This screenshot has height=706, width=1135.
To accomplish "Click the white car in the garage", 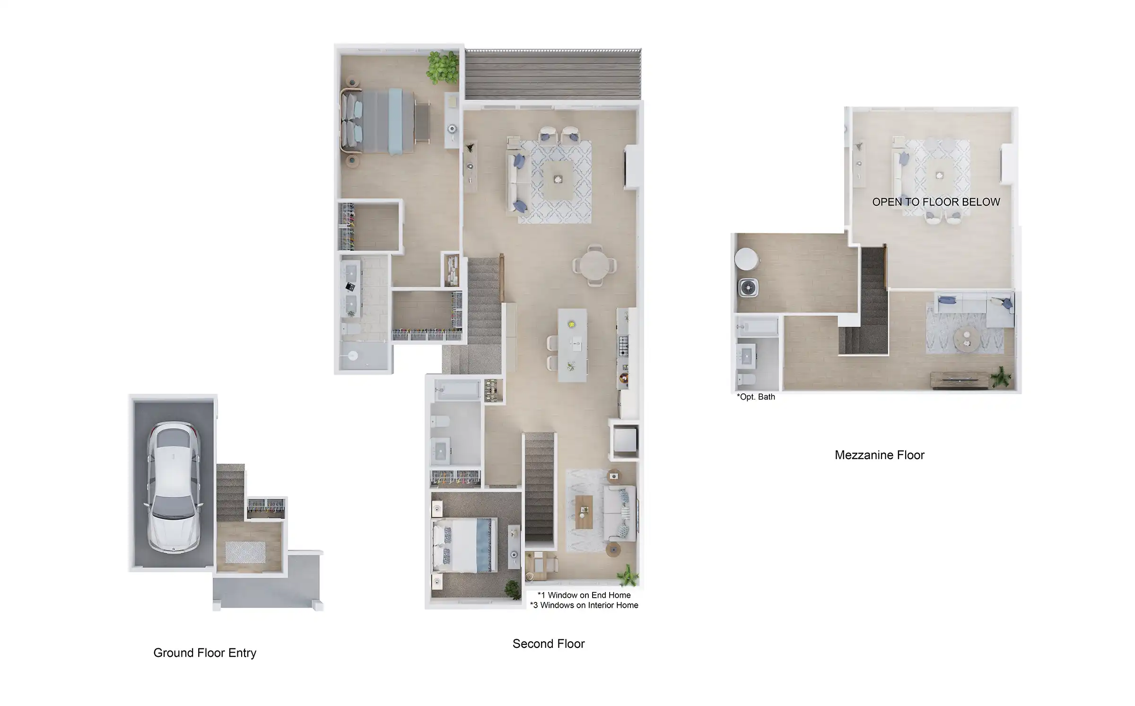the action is [174, 487].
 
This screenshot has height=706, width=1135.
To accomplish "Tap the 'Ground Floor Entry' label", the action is [205, 653].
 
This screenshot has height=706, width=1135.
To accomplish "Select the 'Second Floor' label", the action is [549, 644].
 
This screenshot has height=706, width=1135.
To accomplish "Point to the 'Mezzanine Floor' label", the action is [879, 455].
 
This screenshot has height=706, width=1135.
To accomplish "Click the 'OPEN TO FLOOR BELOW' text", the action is [936, 202].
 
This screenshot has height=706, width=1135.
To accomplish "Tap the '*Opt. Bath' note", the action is [756, 397].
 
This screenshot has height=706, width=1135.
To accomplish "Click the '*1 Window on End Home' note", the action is [584, 595].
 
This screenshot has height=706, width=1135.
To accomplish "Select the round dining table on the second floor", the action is [595, 265].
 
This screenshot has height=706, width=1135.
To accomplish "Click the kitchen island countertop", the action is [573, 345].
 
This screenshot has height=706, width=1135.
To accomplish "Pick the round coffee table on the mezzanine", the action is [967, 339].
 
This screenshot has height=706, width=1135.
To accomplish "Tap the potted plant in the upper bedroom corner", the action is [443, 68].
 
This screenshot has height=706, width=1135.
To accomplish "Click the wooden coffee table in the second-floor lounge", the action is [584, 512].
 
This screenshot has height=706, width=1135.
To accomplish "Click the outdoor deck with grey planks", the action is [553, 74].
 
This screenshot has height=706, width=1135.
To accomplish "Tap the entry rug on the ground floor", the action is [245, 552].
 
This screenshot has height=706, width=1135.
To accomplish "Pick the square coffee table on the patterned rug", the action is [558, 180].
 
